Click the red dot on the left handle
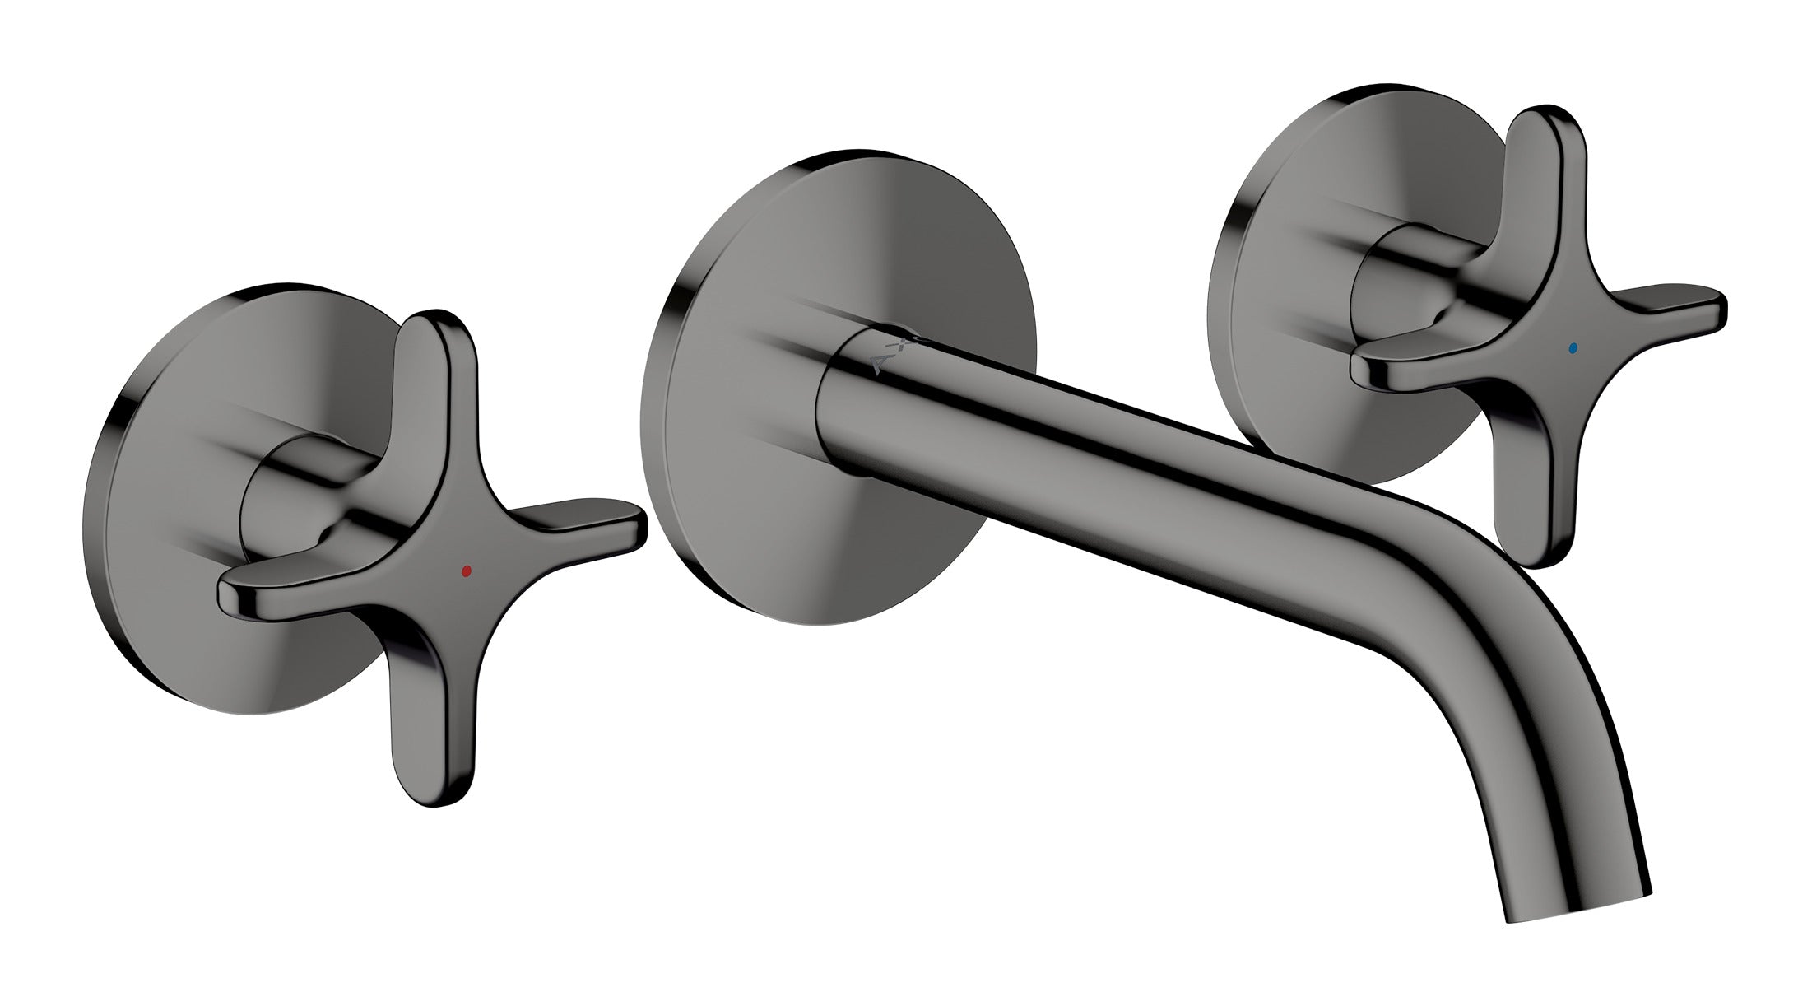point(467,569)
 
